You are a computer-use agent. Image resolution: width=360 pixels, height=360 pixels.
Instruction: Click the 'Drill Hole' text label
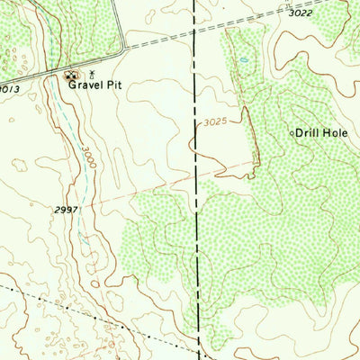(x=323, y=132)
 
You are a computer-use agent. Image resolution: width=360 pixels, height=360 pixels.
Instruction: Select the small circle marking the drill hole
(x=291, y=133)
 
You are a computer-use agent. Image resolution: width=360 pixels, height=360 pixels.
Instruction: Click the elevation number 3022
(x=302, y=13)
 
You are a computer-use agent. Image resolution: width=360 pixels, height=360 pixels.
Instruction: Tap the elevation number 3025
(x=209, y=120)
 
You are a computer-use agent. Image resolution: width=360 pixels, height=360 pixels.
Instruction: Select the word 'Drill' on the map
(x=310, y=132)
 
